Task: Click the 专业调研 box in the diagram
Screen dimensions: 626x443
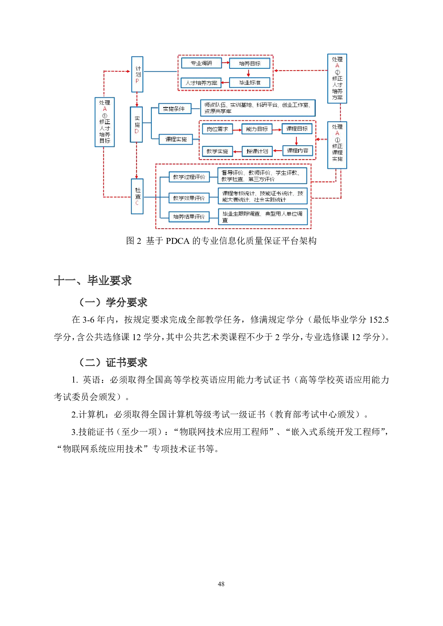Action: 201,63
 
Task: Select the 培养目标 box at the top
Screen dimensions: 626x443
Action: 250,64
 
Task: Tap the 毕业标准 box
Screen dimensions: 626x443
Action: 250,83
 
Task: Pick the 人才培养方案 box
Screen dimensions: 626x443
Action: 201,83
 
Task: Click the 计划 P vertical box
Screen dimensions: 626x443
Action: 137,74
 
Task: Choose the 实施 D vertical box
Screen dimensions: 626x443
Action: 137,125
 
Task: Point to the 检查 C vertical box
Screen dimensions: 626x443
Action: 137,196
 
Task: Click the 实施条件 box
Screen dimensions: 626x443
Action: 174,109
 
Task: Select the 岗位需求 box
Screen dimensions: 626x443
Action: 217,129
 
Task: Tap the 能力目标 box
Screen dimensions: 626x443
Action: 257,129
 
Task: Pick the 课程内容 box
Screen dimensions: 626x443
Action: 297,151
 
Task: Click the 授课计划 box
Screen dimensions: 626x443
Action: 257,151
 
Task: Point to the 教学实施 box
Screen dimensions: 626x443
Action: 217,151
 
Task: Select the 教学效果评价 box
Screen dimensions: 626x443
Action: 189,198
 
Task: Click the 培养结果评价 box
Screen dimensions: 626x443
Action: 189,216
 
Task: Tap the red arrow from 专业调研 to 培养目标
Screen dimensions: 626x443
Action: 225,63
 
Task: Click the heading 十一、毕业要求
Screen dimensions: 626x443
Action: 93,280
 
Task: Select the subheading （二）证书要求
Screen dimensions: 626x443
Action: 113,362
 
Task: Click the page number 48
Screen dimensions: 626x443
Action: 221,584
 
